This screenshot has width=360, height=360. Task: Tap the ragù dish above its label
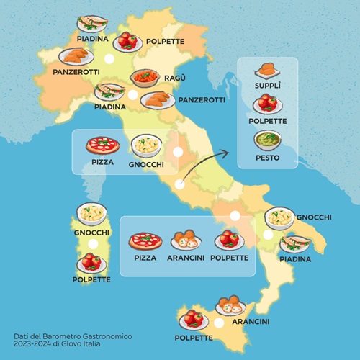click(x=144, y=78)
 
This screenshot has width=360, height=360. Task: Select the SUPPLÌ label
click(x=268, y=86)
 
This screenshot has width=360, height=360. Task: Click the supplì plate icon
click(x=267, y=70)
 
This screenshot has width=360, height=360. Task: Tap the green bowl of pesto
click(x=267, y=140)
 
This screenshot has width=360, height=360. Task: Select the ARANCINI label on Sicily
click(x=251, y=321)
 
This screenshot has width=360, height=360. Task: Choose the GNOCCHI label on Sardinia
click(x=91, y=233)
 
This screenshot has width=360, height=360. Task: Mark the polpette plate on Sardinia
click(x=91, y=262)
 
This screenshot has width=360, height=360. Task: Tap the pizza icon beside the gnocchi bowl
click(x=103, y=145)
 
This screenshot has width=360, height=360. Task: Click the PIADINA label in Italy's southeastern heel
click(x=295, y=259)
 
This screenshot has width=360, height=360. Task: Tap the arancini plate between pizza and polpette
click(x=186, y=240)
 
